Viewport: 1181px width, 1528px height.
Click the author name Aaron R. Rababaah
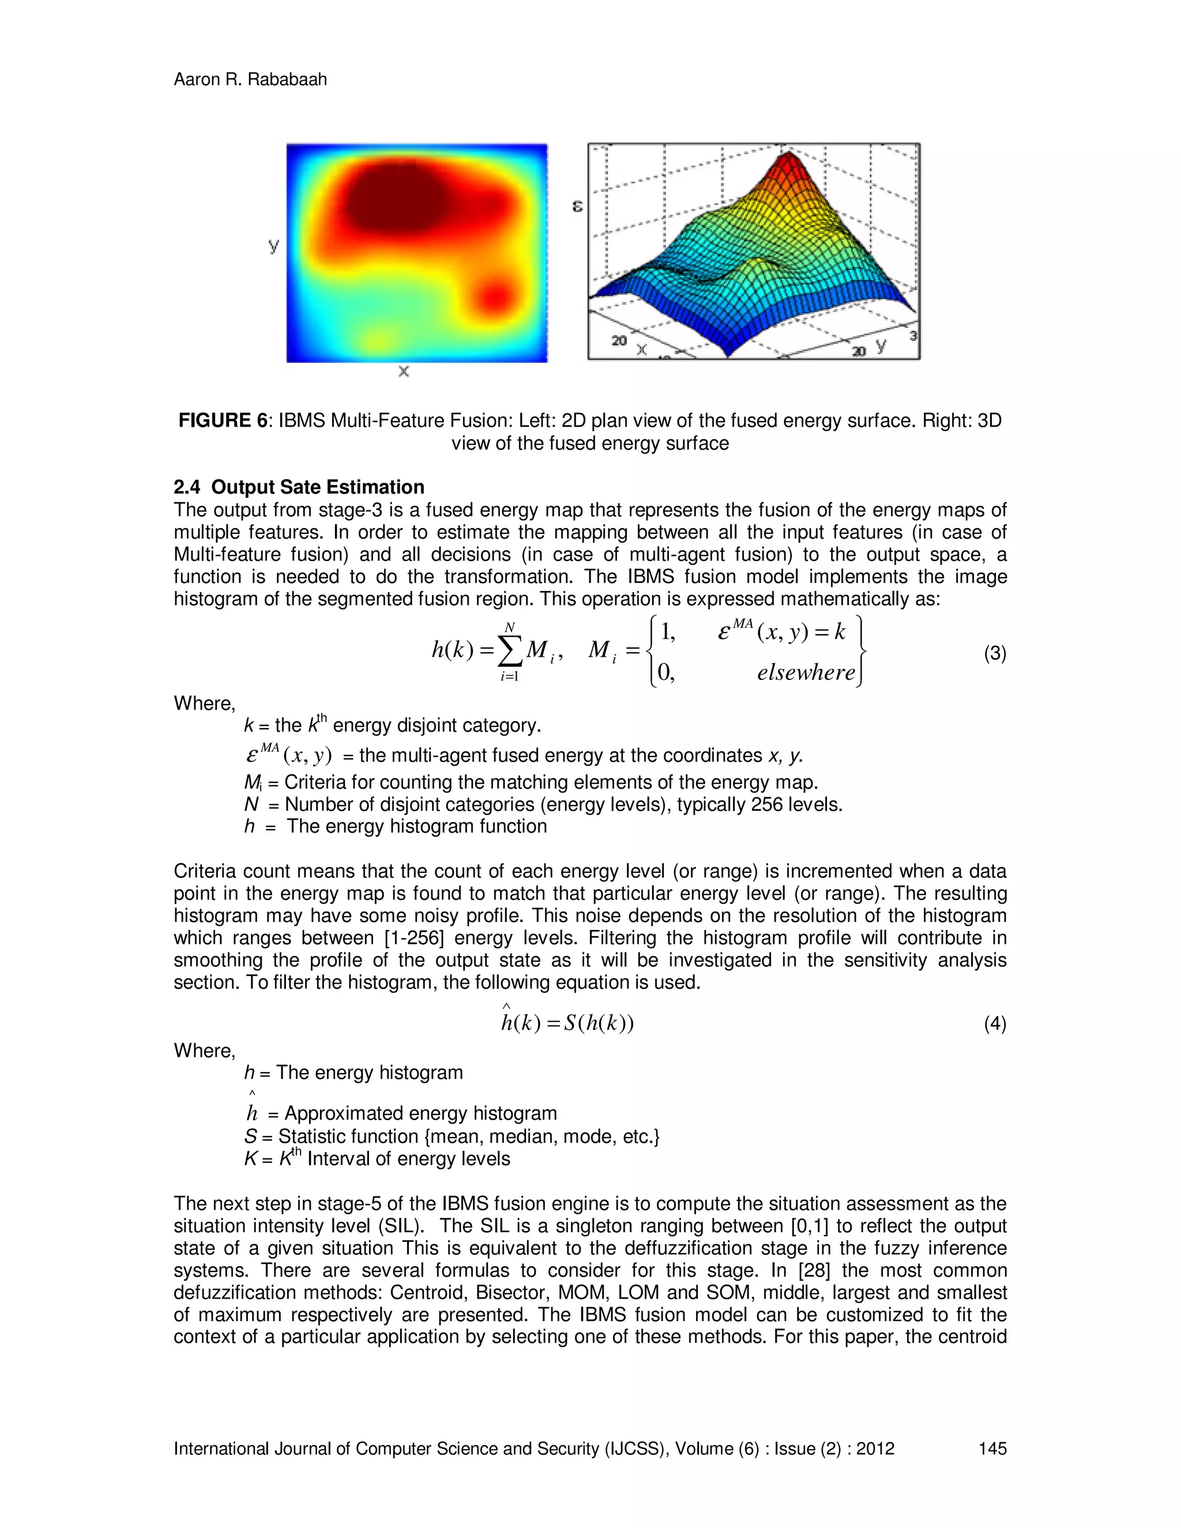pos(250,79)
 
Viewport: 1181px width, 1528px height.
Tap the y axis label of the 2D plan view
pos(273,245)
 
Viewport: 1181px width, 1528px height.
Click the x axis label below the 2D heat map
pos(404,371)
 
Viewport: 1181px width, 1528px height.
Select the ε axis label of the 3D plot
pos(577,206)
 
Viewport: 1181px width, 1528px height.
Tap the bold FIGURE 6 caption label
pos(223,420)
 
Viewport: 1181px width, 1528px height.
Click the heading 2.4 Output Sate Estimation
pos(299,487)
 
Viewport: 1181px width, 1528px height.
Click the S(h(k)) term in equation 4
pos(598,1023)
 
